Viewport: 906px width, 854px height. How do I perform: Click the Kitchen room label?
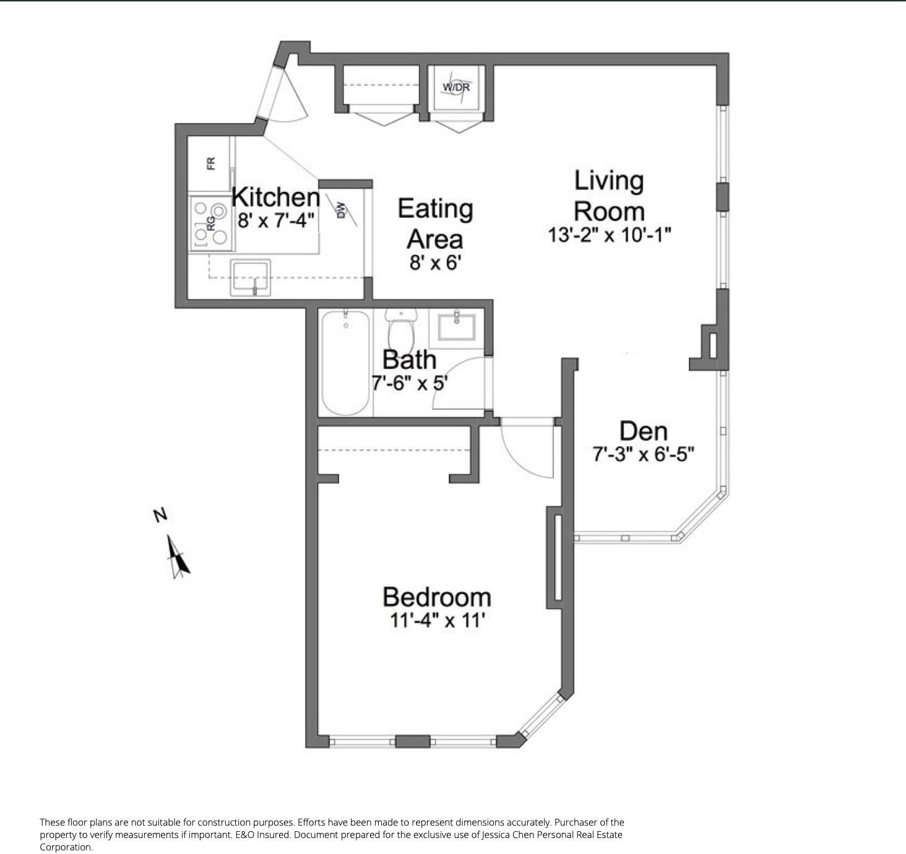point(276,197)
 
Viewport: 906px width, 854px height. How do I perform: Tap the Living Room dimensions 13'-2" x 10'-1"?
point(609,235)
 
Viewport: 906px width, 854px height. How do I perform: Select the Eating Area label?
point(435,223)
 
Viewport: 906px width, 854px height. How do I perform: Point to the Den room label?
point(643,431)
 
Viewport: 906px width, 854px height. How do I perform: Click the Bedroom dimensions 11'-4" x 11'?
point(436,621)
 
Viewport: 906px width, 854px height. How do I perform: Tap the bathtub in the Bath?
point(345,363)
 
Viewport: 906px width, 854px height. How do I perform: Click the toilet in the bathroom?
point(401,329)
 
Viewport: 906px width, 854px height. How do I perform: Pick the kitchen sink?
point(251,277)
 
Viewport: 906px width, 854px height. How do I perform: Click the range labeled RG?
point(211,223)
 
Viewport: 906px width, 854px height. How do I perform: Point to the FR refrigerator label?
point(211,163)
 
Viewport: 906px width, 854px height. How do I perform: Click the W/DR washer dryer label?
point(456,87)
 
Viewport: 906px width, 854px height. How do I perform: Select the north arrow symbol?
point(178,556)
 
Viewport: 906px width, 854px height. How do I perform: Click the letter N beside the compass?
point(160,515)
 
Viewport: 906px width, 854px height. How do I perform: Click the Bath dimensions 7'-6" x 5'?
point(409,382)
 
